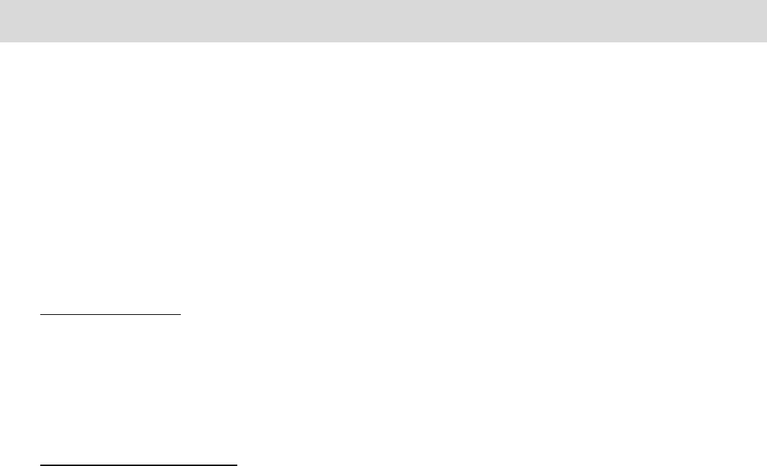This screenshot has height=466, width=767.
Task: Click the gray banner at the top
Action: pos(383,20)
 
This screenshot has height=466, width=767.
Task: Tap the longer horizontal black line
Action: pos(138,465)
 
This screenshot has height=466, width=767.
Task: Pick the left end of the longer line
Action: pos(40,465)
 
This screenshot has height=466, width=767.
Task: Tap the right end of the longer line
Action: pos(237,465)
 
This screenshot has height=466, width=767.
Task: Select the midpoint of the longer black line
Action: pos(138,465)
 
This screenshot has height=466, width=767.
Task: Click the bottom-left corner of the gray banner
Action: pos(0,42)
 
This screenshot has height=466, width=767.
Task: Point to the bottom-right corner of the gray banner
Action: pos(766,42)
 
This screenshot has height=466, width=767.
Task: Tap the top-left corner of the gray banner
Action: pos(0,0)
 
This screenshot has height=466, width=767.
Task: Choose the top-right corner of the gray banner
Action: pos(766,0)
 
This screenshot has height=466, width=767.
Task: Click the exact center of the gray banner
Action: pos(383,20)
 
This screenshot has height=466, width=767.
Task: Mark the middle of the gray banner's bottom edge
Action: pos(383,42)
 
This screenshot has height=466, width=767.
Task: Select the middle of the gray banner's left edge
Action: pos(0,20)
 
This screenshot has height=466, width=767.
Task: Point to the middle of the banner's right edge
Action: pos(766,20)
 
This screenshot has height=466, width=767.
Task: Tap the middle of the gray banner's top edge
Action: pos(383,0)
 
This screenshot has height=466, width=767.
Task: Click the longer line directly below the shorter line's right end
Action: pos(182,465)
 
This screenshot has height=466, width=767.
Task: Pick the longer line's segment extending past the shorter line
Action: pos(210,465)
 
